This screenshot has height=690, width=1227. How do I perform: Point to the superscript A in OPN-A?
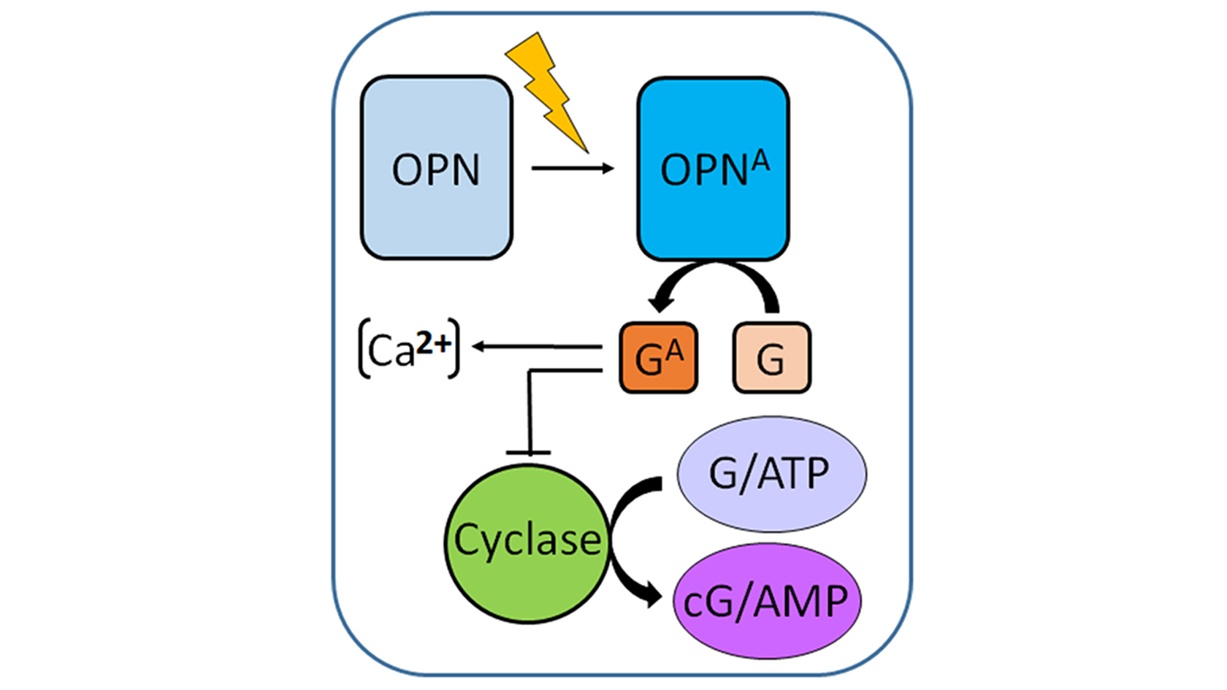pos(760,160)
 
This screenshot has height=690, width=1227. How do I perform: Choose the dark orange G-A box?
pos(658,358)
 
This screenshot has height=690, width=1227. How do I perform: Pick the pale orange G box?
pos(771,358)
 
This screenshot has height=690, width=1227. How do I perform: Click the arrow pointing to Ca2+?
pos(537,347)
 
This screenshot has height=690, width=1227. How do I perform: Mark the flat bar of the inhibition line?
pos(528,453)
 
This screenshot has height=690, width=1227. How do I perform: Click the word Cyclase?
pos(527,540)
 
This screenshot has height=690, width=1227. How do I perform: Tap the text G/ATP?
pos(769,474)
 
